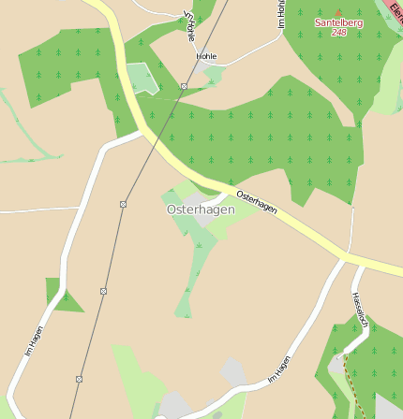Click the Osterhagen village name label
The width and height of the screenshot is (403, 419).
tap(201, 209)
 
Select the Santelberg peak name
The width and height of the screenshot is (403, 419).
tap(338, 22)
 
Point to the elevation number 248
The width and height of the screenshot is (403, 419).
tap(338, 33)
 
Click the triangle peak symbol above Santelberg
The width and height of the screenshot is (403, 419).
tap(338, 12)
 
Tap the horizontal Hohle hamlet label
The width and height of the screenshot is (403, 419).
tap(206, 56)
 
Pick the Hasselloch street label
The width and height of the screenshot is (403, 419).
tap(360, 311)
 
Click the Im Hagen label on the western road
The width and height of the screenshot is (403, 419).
tap(34, 341)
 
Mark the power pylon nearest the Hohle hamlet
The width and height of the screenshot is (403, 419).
tap(184, 86)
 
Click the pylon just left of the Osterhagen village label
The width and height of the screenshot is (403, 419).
tap(123, 204)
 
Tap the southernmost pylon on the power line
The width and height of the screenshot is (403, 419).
tap(79, 379)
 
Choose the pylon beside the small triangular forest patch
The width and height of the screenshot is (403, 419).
tap(102, 292)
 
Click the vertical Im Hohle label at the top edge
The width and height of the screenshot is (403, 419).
tap(280, 13)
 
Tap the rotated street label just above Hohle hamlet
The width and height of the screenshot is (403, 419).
tap(190, 26)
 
